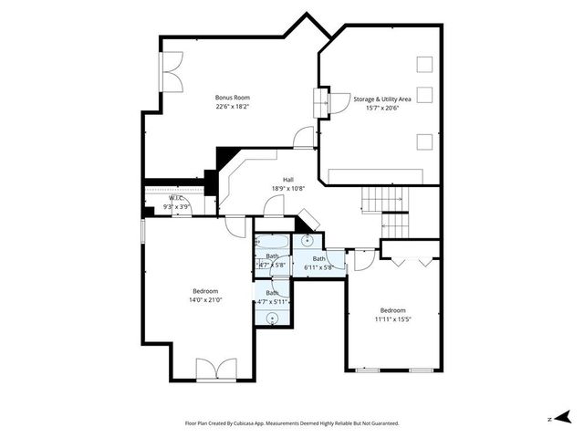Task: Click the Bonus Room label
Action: (232, 98)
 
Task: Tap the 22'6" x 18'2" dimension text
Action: (232, 107)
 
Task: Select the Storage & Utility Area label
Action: (382, 98)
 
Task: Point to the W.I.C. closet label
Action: (176, 198)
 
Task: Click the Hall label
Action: (288, 180)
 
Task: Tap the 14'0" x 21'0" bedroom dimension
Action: (206, 299)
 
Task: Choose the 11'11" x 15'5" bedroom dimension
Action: (399, 319)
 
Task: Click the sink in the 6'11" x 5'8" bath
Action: (308, 241)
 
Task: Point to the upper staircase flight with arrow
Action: (382, 196)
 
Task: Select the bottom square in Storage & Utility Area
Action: (424, 141)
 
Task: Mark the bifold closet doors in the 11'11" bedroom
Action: (412, 258)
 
